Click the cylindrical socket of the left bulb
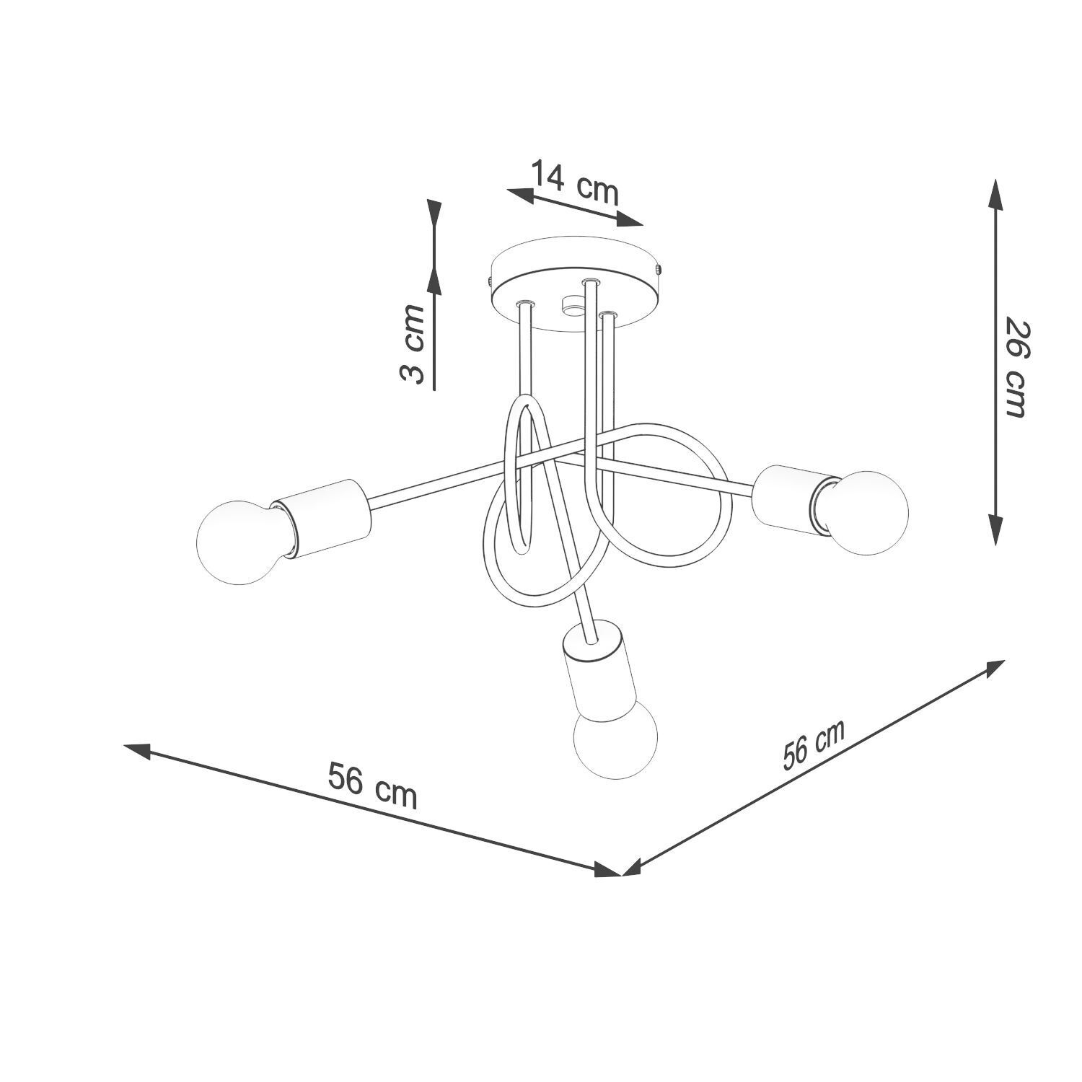pos(325,517)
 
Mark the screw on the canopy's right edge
pos(658,268)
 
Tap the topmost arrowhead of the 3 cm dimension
pos(434,213)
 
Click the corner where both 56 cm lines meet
pos(620,874)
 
